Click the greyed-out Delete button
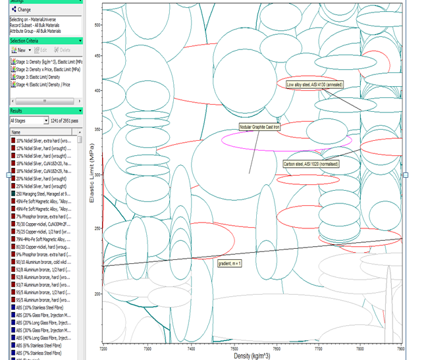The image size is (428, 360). click(x=63, y=50)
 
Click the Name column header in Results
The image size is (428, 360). click(x=17, y=132)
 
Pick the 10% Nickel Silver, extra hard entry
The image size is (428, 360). click(x=46, y=140)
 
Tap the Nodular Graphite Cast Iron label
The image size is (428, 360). click(x=259, y=127)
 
